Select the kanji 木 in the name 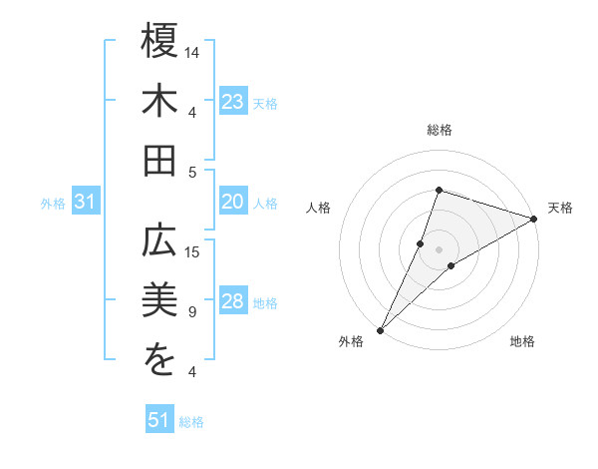(x=159, y=101)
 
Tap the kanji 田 (x=159, y=159)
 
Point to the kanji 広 (x=159, y=243)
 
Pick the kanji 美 (x=159, y=301)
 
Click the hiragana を (x=159, y=360)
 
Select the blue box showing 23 (x=232, y=102)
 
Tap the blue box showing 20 (x=232, y=203)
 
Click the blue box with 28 (x=232, y=302)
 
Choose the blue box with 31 (x=85, y=203)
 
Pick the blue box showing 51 (x=158, y=420)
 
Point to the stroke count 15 (x=192, y=251)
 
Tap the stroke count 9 (x=191, y=312)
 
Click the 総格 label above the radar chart (x=439, y=130)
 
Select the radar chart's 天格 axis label (x=560, y=208)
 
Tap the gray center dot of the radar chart (x=439, y=249)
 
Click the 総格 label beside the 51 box (x=191, y=422)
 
